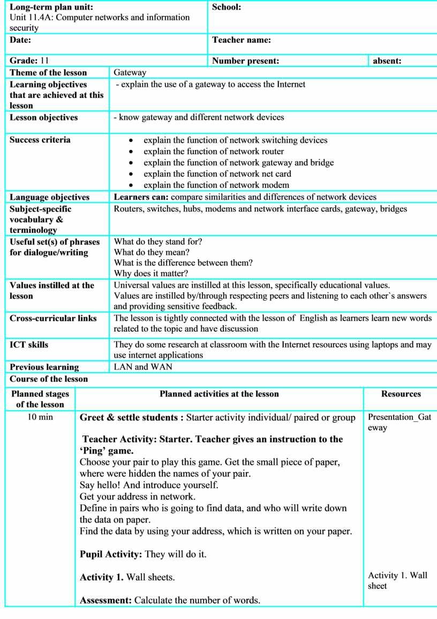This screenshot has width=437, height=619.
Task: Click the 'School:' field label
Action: [227, 7]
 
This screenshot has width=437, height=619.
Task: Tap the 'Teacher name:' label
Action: [242, 40]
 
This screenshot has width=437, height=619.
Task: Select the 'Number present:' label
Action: [245, 61]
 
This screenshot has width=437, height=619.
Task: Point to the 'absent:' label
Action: [387, 61]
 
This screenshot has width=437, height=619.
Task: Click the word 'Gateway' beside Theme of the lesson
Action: [130, 73]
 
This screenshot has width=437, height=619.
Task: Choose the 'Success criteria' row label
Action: [40, 140]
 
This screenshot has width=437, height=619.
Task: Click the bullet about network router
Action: [214, 152]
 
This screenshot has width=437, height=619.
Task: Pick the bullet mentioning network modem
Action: [216, 185]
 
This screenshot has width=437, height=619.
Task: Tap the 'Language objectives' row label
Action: [50, 197]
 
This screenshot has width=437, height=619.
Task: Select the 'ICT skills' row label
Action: [29, 345]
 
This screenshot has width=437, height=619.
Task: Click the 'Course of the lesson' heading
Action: [49, 379]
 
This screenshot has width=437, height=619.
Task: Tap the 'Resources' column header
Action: [401, 394]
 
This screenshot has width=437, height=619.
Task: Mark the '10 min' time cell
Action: [40, 417]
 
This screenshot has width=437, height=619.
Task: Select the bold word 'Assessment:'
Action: [106, 600]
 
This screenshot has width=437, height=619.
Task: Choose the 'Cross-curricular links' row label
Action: [53, 319]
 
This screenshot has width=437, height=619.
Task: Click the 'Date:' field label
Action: [20, 40]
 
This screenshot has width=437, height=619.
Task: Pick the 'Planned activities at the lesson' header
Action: [219, 394]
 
